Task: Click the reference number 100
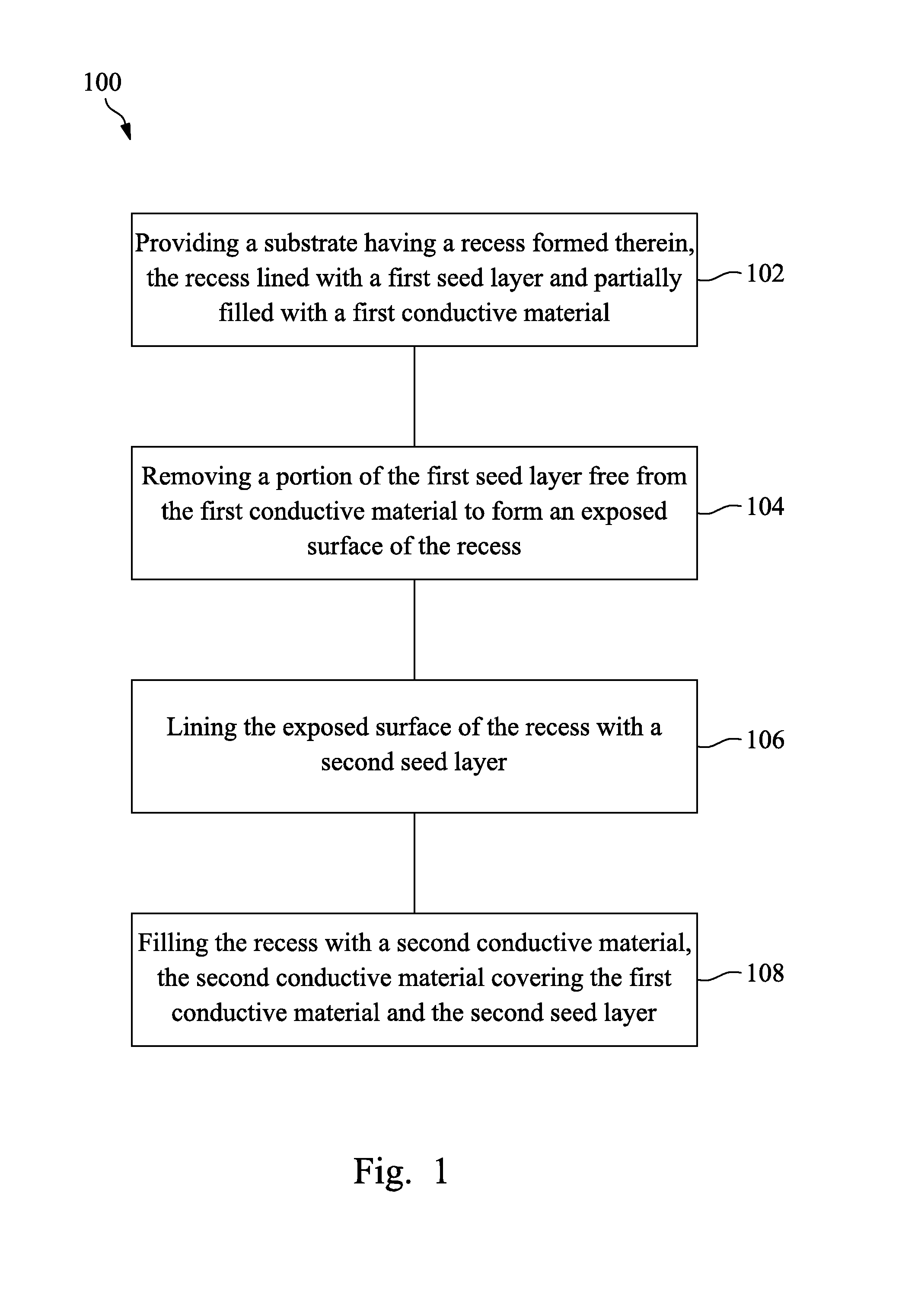102,82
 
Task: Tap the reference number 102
765,273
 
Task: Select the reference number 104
765,506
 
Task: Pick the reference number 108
765,973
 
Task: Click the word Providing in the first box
186,244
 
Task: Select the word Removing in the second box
196,477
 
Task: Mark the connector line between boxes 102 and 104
414,396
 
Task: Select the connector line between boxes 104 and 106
414,630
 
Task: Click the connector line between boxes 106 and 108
414,863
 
